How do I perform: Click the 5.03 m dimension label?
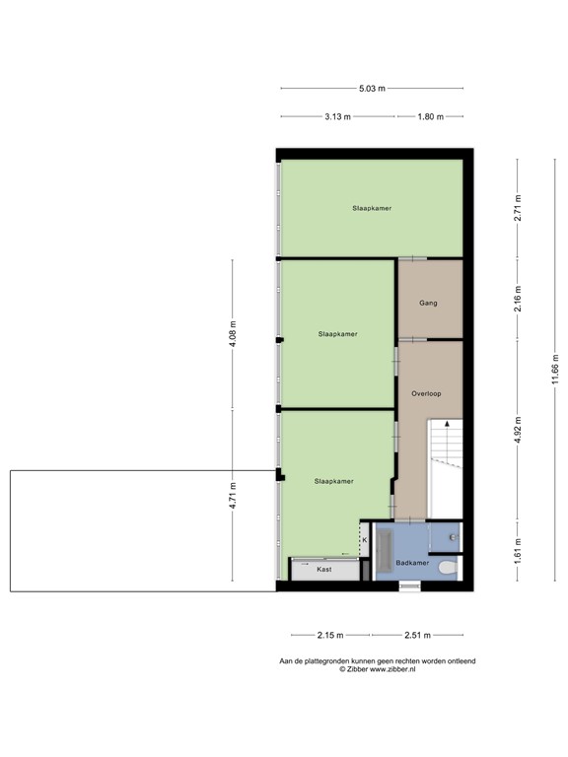point(372,88)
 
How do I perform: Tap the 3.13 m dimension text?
point(338,116)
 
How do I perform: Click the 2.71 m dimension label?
point(517,208)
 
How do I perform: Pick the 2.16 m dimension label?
point(517,299)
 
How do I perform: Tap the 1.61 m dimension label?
point(517,553)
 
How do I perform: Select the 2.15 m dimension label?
point(330,636)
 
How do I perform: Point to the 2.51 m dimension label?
point(418,636)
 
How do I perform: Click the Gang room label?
point(428,303)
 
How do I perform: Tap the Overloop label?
point(426,393)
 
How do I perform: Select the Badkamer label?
point(410,563)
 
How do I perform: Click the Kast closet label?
point(323,570)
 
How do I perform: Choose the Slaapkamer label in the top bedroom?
point(371,208)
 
